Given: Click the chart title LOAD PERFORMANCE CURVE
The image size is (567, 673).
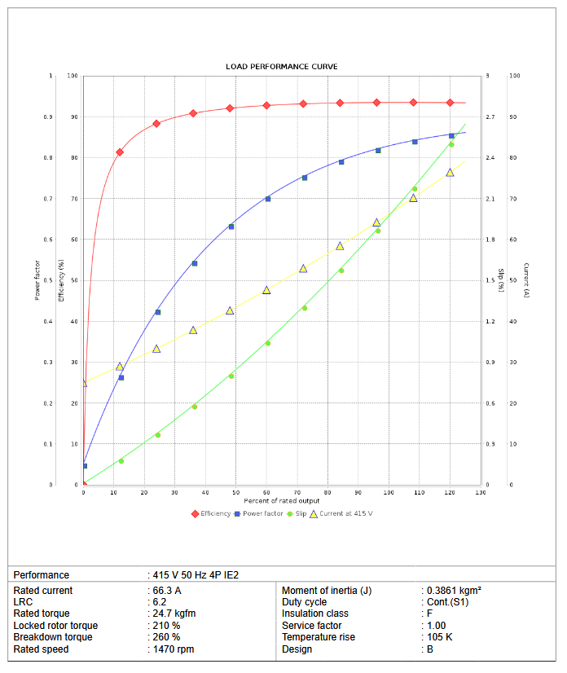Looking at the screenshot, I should pos(281,66).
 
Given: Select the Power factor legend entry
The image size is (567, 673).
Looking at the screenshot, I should pos(262,513).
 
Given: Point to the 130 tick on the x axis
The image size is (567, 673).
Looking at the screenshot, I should pos(480,493).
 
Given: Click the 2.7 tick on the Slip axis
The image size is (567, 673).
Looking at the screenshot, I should pos(490,117).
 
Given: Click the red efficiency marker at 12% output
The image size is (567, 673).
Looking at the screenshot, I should pos(120,152).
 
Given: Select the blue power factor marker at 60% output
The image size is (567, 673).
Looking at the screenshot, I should pos(268,199).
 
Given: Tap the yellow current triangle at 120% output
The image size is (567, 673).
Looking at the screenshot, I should pos(450,173).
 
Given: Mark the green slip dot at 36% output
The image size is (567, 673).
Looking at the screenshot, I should pos(194,407).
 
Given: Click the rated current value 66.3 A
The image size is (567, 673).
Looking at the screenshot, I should pos(168,591).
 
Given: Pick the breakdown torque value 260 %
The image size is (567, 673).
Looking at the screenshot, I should pos(166,637).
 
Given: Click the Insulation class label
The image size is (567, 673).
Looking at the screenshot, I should pos(316,614).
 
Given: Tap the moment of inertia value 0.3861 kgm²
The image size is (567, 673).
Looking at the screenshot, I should pos(454,591).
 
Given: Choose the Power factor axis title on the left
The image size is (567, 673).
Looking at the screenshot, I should pos(37,280).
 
